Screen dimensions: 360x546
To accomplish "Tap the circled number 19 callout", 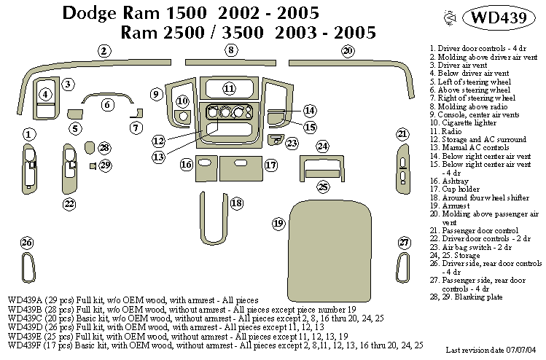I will [278, 222].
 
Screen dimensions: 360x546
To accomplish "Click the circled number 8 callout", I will [230, 50].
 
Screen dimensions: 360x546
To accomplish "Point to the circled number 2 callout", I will [105, 50].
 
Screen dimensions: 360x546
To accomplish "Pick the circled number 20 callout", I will [348, 50].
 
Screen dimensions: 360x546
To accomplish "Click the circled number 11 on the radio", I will [229, 89].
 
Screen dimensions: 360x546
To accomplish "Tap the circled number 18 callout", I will [236, 203].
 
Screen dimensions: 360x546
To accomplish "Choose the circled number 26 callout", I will [27, 243].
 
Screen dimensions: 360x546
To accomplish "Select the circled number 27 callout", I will [404, 243].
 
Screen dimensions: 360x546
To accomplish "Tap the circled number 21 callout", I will [402, 133].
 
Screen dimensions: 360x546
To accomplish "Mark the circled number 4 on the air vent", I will [45, 93].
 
